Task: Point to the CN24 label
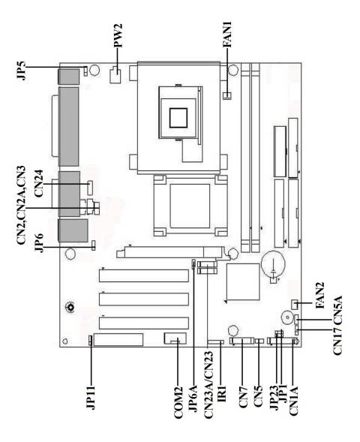(x=37, y=182)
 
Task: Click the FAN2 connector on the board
(x=298, y=303)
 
